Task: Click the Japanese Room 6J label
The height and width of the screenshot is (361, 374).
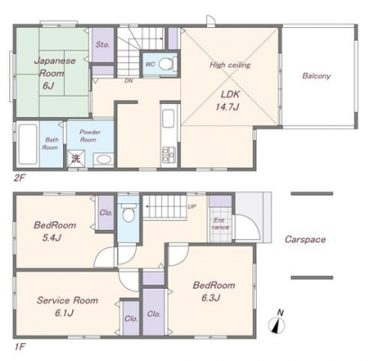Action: [54, 73]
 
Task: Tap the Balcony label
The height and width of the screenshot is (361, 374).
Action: [316, 76]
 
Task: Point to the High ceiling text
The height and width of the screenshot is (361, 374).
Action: [230, 65]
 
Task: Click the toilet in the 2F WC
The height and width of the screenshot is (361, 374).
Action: [166, 64]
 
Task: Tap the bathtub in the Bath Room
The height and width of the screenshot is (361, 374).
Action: [27, 143]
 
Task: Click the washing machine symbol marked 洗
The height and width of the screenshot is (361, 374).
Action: [76, 159]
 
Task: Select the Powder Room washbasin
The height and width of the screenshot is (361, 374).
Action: [104, 160]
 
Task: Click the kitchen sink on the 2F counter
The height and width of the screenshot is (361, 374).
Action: [169, 118]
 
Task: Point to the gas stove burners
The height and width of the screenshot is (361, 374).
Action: [168, 154]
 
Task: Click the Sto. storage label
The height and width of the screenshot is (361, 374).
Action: [103, 45]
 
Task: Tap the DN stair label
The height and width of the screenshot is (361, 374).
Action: [129, 81]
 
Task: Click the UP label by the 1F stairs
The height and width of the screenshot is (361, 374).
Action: [192, 207]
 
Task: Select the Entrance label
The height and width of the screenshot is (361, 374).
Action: [221, 224]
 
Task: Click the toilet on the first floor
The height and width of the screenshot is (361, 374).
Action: [129, 212]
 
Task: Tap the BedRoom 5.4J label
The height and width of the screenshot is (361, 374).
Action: [55, 232]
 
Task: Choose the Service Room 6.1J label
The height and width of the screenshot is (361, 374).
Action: [68, 307]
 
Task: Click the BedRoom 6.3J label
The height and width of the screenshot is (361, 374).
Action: [214, 292]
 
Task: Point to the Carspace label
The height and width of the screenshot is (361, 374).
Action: [305, 239]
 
